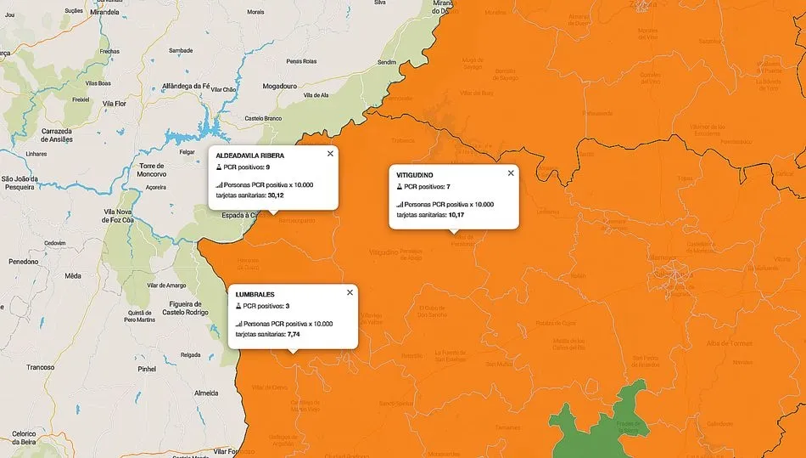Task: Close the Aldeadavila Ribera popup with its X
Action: point(330,154)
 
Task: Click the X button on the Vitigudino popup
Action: point(511,173)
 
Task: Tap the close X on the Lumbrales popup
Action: point(350,292)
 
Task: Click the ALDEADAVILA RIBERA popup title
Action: point(249,155)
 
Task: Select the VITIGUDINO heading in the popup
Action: point(415,175)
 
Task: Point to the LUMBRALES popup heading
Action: point(255,295)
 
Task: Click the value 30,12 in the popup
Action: point(276,195)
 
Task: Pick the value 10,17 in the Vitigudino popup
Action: point(456,215)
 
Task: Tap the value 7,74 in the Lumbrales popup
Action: point(295,335)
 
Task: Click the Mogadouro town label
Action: point(280,87)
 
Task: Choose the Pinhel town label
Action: point(148,370)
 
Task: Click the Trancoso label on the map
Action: point(41,367)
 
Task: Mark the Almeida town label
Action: point(206,393)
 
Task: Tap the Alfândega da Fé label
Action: point(185,86)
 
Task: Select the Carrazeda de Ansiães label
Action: point(57,134)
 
